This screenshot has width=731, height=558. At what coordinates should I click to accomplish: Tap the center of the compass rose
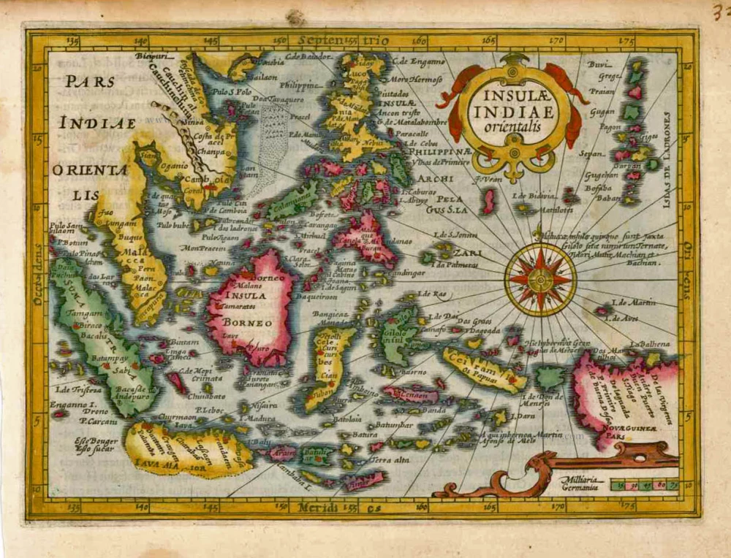coord(540,279)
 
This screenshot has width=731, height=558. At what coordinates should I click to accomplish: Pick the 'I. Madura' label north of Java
coord(254,418)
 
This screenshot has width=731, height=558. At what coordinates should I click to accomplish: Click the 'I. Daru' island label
coord(522,416)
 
